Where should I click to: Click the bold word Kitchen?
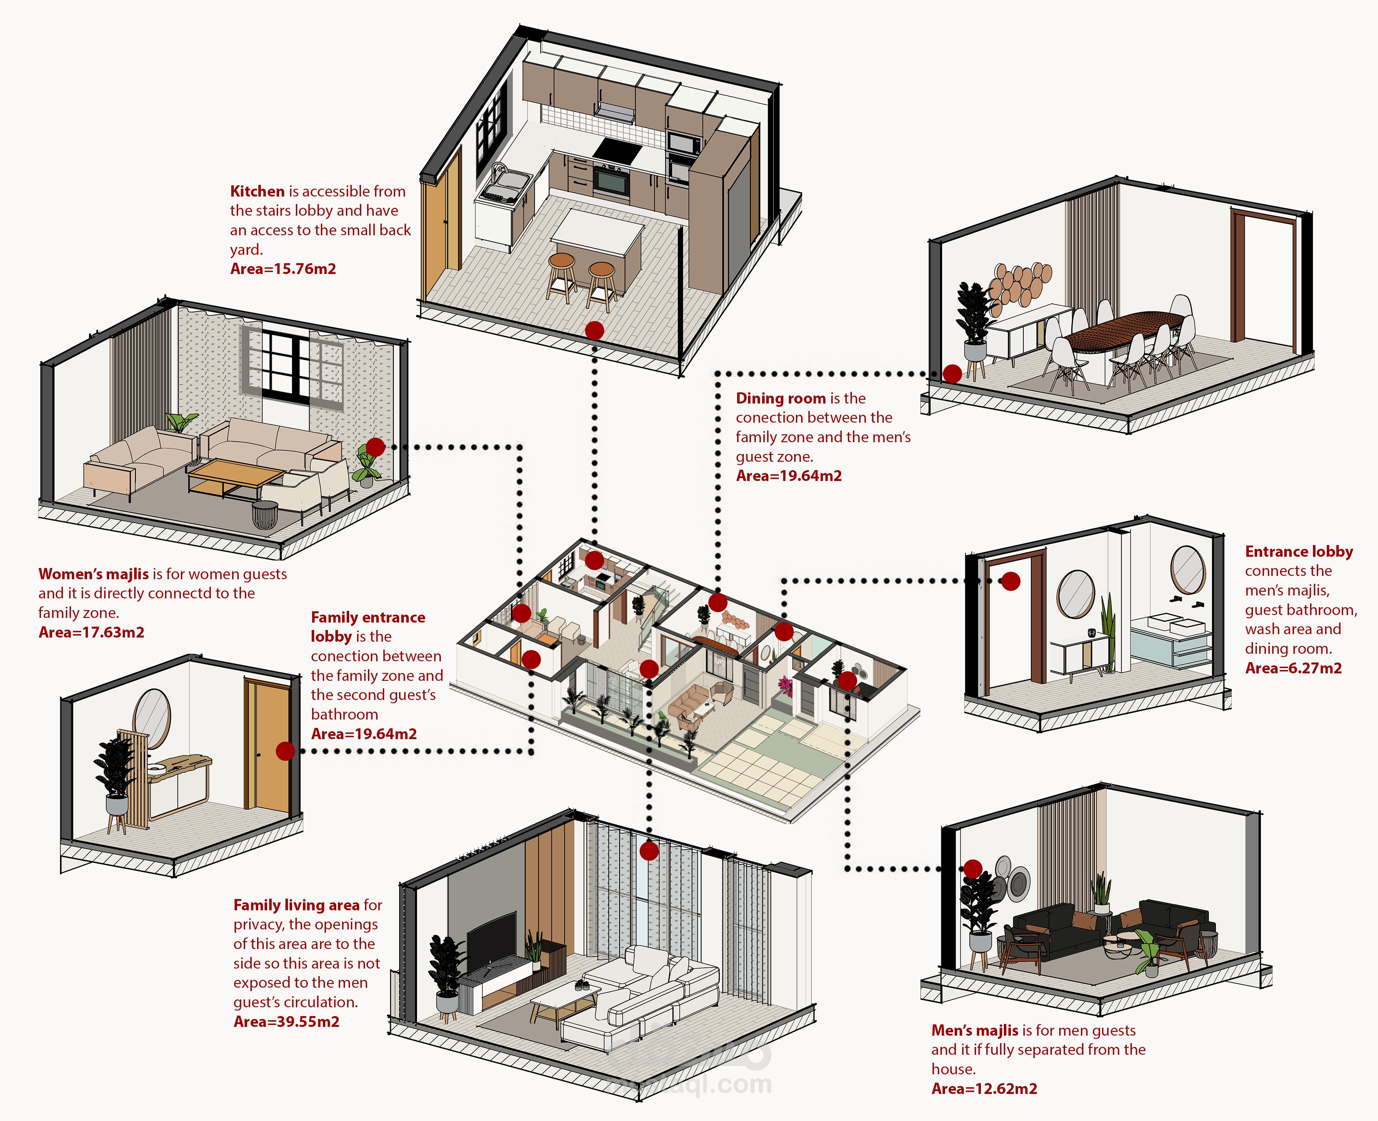(x=257, y=191)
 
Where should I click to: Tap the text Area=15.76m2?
(x=283, y=269)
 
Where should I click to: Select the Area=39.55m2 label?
(x=286, y=1021)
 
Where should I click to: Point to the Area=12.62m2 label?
(x=984, y=1089)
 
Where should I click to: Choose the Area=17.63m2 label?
(x=91, y=632)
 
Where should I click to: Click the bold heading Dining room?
(x=780, y=399)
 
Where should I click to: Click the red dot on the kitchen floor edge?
(x=594, y=331)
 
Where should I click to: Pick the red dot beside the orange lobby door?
(x=285, y=750)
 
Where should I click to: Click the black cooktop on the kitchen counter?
(x=618, y=152)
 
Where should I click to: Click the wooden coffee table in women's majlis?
(x=236, y=474)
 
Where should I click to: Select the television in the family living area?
(x=491, y=937)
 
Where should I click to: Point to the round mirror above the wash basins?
(x=1188, y=570)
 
